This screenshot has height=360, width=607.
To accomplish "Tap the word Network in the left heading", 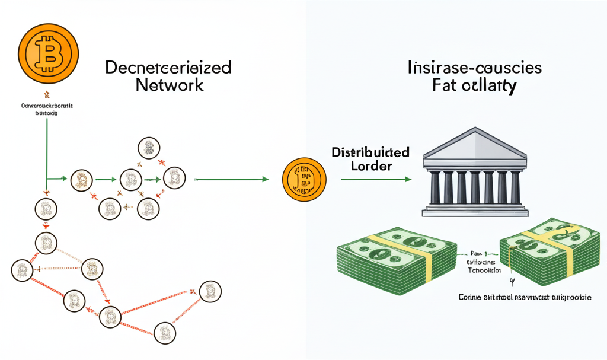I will coord(170,84).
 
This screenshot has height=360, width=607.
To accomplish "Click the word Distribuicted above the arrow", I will coord(371,152).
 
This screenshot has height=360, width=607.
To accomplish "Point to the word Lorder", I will coord(371,167).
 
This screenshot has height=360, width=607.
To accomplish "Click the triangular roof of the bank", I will coord(475,144).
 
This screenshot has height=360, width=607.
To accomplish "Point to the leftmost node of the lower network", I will coord(21,270).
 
